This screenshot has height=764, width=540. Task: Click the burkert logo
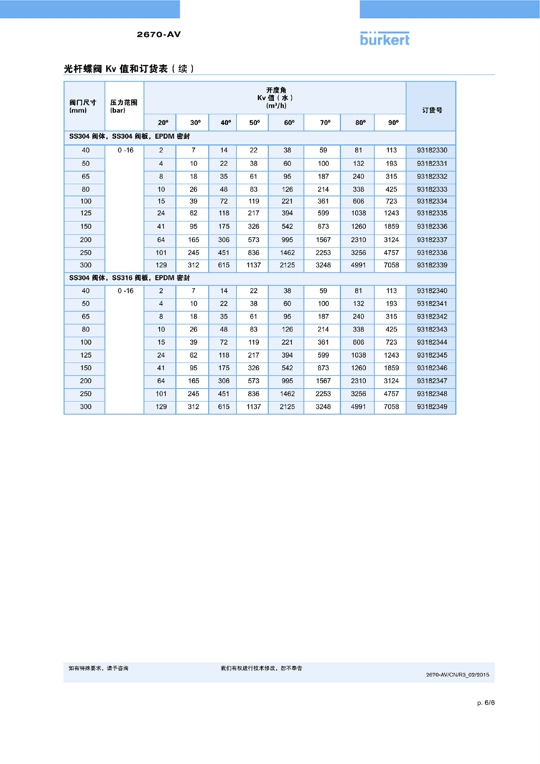(385, 39)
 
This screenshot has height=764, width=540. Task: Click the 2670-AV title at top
(158, 34)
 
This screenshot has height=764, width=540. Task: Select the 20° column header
(163, 123)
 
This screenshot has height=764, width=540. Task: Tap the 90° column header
(393, 123)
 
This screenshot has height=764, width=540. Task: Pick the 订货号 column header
(432, 110)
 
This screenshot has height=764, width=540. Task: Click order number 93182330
(432, 150)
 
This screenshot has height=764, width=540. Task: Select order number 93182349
(432, 407)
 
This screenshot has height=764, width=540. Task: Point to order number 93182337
(432, 240)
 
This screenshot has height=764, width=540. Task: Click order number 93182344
(432, 342)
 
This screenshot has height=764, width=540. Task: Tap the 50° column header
(254, 123)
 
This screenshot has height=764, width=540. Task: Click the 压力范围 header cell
(123, 106)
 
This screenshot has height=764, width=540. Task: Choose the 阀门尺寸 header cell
(82, 106)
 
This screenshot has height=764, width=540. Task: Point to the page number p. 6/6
(486, 702)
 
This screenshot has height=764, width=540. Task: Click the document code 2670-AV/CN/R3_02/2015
(458, 675)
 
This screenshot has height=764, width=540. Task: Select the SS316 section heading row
(129, 278)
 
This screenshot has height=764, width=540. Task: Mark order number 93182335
(432, 213)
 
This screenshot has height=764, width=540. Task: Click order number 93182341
(432, 304)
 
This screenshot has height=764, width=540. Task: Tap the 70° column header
(325, 123)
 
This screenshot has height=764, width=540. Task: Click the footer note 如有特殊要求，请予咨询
(99, 668)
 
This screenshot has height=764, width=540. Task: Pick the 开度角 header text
(276, 90)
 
